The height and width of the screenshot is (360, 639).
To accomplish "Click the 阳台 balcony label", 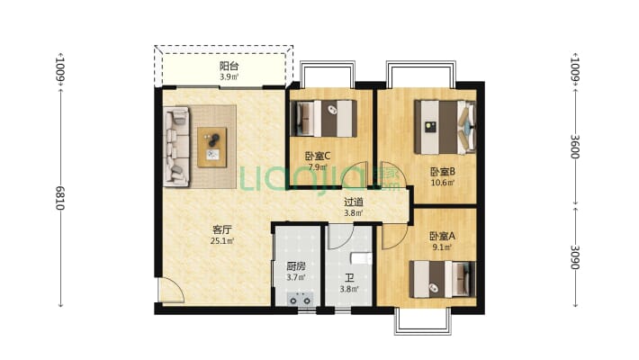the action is click(x=229, y=66).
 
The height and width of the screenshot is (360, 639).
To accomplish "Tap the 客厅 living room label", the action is click(x=222, y=229).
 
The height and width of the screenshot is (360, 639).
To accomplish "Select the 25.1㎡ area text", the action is click(x=222, y=241).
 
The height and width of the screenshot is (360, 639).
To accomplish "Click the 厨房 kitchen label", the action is click(x=296, y=266).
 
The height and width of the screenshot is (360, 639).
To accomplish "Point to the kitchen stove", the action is click(x=300, y=300).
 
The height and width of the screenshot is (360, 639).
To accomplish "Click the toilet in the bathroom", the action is click(x=362, y=258).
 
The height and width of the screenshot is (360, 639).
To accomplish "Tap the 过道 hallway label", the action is click(x=354, y=202).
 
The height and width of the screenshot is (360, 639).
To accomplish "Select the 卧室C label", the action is click(x=318, y=156).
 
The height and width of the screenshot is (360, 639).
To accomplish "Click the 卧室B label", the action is click(x=443, y=172).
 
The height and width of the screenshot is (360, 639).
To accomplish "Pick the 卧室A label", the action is click(x=442, y=236).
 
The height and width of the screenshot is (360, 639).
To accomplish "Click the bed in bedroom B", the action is click(x=445, y=127).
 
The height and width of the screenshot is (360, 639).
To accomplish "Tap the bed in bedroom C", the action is click(x=324, y=118).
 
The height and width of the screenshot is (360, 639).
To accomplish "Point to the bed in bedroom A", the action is click(x=442, y=279).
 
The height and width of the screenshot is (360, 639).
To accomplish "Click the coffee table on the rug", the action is click(x=211, y=148).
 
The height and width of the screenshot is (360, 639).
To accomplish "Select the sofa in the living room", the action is click(x=176, y=147).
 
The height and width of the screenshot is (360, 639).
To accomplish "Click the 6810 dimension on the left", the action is click(x=60, y=198).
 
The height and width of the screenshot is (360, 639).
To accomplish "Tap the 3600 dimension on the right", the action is click(x=574, y=147).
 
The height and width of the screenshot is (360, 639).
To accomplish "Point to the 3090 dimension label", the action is click(x=574, y=257).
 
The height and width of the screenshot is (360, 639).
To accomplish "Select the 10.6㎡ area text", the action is click(x=443, y=183).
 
